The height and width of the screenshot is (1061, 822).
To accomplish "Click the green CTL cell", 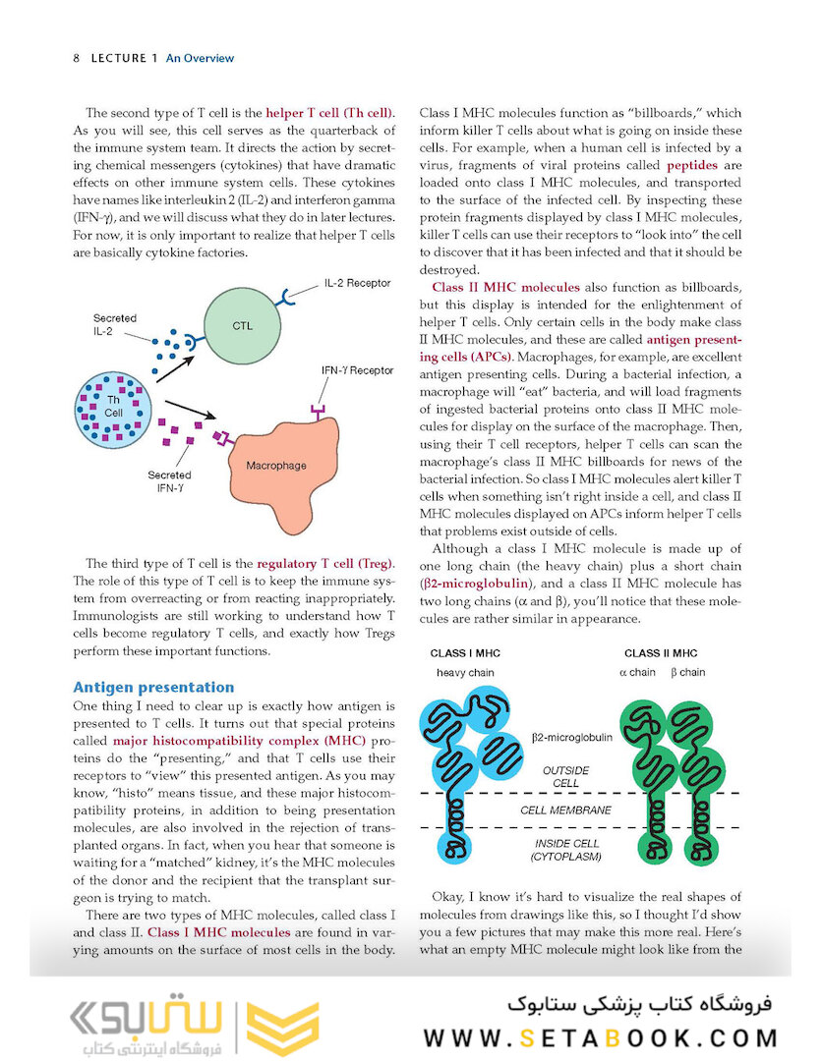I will coord(242,324).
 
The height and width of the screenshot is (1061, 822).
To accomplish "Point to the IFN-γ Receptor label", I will coord(358,370).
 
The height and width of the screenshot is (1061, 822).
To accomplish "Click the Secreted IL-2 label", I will coord(115,325).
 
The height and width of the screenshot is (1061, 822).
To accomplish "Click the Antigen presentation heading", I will coord(153,687).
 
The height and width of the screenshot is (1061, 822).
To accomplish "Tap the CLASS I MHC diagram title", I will coord(466,653).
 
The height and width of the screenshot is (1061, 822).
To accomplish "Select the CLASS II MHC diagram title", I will coord(661,653).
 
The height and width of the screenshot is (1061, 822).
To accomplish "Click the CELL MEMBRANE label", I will coord(565,810).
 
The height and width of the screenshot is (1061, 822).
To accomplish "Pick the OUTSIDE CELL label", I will coord(566,777).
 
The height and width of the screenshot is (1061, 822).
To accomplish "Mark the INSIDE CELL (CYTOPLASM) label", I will coord(566,850).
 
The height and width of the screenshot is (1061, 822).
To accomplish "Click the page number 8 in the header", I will coord(77,58).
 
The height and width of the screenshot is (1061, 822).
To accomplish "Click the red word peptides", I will coord(691,165).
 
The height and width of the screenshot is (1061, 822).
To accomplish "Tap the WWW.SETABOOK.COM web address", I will coord(600,1037).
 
